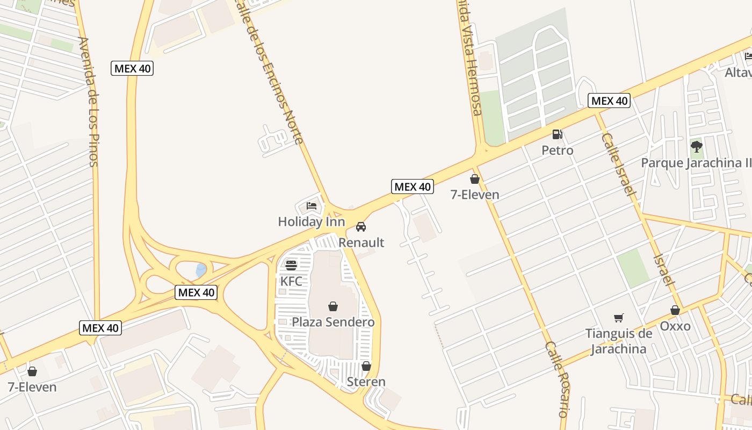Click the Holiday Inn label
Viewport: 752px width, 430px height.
coord(311,221)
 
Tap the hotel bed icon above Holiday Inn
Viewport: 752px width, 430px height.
coord(312,205)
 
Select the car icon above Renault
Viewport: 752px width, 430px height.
coord(361,227)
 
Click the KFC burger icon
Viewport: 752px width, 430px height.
coord(291,265)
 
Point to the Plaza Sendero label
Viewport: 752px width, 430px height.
coord(333,322)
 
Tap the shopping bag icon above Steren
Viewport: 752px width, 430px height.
coord(366,366)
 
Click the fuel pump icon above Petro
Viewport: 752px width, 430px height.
coord(557,134)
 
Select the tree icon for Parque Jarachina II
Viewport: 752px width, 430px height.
coord(697,146)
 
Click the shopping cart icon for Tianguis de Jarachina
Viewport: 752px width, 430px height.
coord(619,318)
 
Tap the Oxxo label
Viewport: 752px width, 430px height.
coord(675,326)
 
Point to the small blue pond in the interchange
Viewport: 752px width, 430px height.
coord(201,270)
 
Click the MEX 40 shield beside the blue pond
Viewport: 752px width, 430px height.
coord(197,292)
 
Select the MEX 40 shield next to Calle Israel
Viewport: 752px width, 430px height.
coord(609,101)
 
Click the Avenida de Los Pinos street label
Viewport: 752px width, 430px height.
coord(89,102)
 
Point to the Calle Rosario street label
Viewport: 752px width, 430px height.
coord(556,379)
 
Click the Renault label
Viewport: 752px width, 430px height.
coord(361,242)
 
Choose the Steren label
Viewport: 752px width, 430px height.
coord(366,382)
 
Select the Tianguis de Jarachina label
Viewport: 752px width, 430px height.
coord(619,341)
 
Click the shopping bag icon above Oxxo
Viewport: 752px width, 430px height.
coord(675,310)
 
